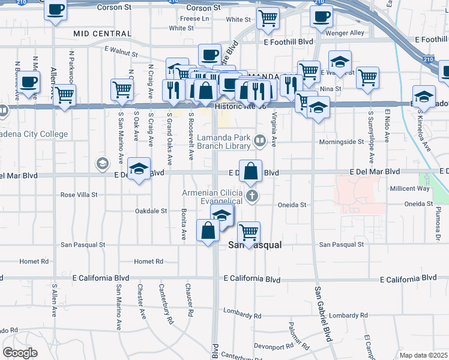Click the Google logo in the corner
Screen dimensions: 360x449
[x=20, y=353]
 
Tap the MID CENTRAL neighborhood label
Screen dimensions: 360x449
[x=97, y=34]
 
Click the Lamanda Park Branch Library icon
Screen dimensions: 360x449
[x=260, y=142]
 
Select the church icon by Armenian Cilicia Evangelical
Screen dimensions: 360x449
[x=253, y=196]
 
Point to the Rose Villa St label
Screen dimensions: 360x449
[x=79, y=195]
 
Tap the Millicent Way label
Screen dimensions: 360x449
[x=410, y=188]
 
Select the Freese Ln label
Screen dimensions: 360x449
[x=194, y=19]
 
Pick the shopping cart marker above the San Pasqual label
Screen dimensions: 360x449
[x=249, y=232]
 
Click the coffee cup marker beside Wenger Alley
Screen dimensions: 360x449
[x=321, y=16]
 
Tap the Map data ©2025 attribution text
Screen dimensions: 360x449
[x=424, y=355]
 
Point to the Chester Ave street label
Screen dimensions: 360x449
[x=142, y=305]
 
